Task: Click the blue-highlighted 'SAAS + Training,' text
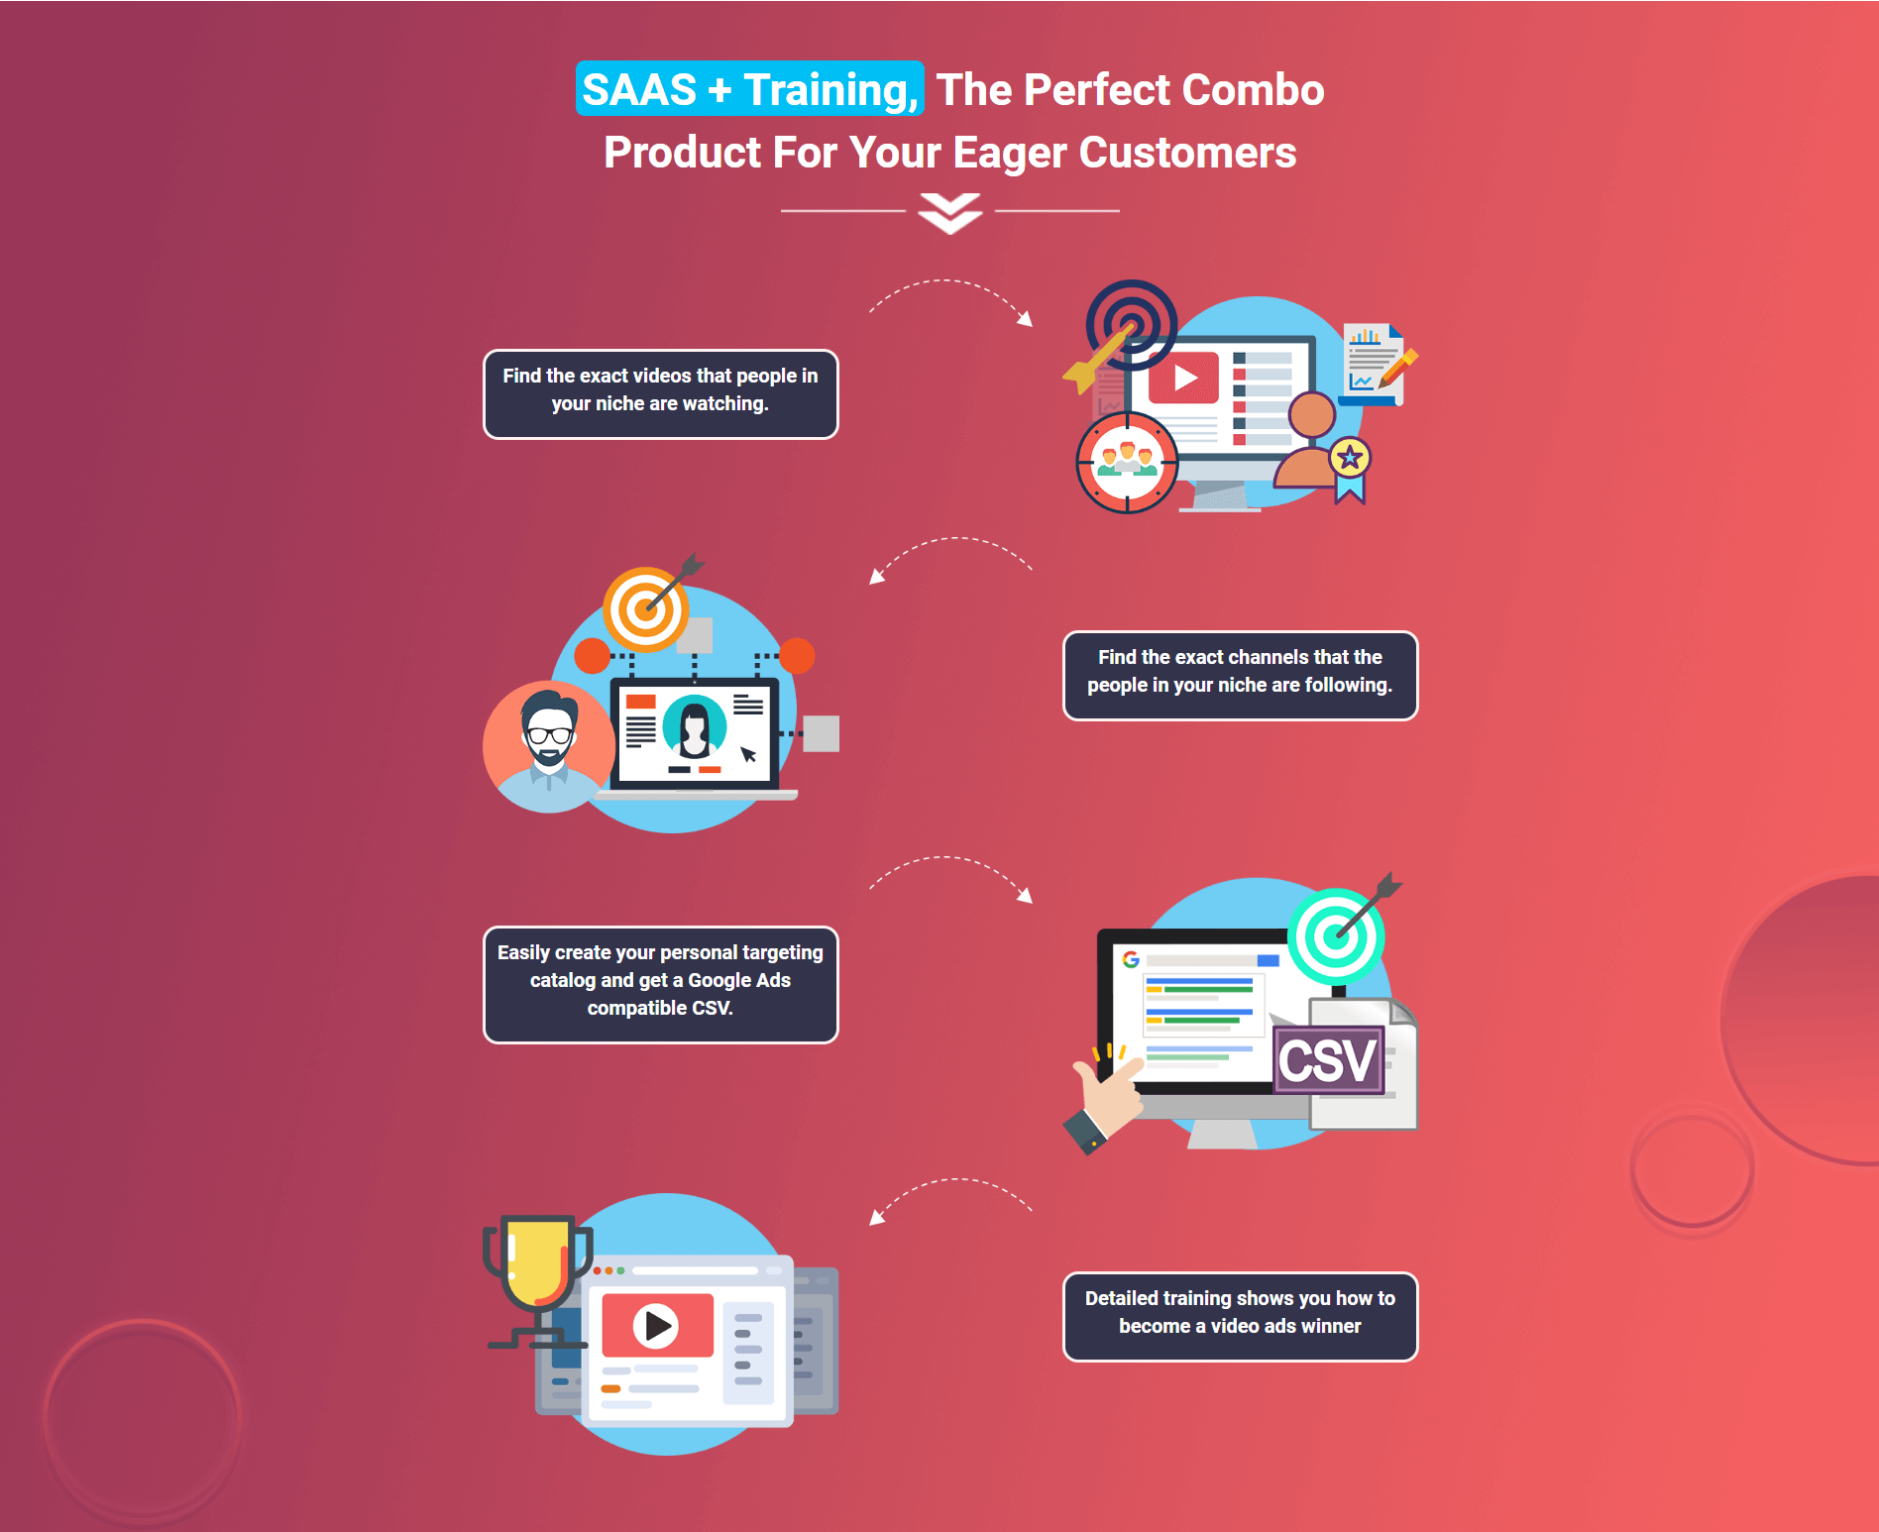pos(750,89)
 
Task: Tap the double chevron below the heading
pos(949,213)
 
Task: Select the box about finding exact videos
pos(660,393)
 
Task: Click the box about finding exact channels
pos(1240,675)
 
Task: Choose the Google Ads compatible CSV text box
pos(660,984)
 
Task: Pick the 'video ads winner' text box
pos(1240,1316)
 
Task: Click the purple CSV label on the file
pos(1328,1060)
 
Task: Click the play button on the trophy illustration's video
pos(656,1325)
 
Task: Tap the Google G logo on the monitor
pos(1131,959)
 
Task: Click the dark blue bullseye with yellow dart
pos(1121,335)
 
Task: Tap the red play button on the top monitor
pos(1183,378)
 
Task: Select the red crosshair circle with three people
pos(1127,463)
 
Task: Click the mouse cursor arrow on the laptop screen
pos(748,754)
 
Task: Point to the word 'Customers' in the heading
pos(1187,153)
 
